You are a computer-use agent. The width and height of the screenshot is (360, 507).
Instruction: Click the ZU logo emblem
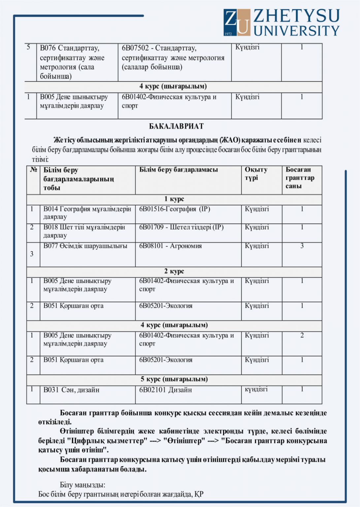237,22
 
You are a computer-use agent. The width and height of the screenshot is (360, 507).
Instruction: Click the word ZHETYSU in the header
296,16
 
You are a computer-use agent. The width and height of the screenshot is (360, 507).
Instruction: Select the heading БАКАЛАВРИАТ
176,126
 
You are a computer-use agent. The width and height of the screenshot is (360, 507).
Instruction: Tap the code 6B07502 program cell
173,57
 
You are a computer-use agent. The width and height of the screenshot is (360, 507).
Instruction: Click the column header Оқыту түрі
256,174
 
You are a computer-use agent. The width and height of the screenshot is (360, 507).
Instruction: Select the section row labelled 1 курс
174,199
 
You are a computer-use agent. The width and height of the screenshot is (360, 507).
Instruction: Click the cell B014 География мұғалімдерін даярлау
87,213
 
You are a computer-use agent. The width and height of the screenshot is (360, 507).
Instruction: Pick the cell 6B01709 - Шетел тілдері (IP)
181,227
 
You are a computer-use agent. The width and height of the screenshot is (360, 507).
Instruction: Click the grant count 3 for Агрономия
302,246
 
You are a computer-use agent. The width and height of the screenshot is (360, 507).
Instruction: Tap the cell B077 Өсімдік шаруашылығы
85,246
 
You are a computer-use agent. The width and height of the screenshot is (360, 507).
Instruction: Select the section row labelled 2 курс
174,271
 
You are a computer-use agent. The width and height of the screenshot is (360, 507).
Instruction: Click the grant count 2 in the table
302,335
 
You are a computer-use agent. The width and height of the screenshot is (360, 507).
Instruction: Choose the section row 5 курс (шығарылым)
174,379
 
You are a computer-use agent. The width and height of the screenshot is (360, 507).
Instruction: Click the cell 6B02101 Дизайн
165,390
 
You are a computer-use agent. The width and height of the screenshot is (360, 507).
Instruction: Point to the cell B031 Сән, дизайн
71,390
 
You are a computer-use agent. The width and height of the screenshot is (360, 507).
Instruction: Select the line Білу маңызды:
82,485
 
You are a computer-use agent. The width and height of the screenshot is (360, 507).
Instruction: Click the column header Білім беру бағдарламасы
178,170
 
